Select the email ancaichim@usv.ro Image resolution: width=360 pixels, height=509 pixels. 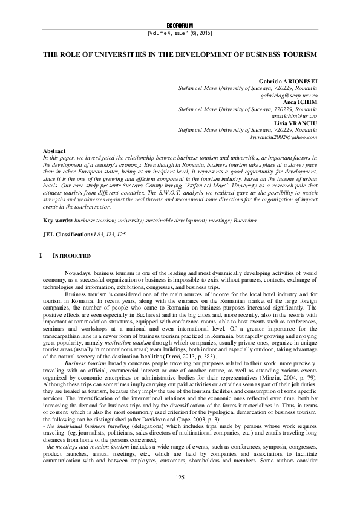point(295,115)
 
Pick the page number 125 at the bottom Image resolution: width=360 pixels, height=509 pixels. point(180,494)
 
